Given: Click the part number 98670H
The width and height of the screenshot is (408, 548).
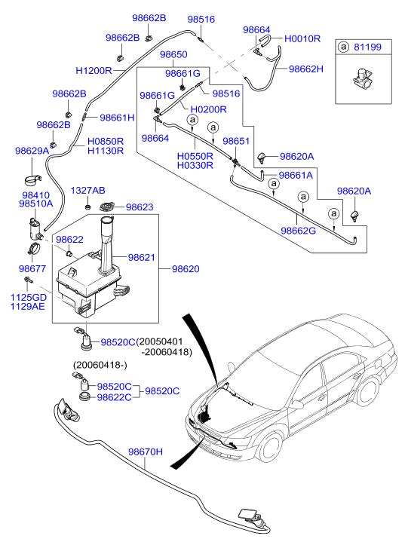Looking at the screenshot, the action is (146, 452).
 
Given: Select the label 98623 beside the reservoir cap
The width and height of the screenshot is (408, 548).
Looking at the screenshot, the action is (140, 207).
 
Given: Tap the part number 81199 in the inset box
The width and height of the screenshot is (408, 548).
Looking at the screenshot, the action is (367, 47).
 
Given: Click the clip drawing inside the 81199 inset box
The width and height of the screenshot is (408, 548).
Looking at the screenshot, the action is (362, 78).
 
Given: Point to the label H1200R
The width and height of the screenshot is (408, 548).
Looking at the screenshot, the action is (94, 71).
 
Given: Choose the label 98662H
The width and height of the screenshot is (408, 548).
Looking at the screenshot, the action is (306, 69).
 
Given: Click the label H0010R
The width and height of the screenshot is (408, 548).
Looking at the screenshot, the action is (302, 38).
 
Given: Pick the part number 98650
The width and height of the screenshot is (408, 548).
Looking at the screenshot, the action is (173, 54).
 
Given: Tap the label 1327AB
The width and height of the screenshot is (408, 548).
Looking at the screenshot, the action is (87, 191).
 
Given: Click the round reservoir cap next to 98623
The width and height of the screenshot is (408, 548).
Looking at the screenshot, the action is (107, 207).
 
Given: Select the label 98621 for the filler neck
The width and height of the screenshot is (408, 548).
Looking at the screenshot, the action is (141, 258).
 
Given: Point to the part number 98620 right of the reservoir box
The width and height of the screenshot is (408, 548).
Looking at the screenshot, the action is (186, 269).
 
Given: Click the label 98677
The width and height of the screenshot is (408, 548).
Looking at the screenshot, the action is (32, 269).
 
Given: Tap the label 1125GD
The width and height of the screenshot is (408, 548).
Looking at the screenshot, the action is (29, 298).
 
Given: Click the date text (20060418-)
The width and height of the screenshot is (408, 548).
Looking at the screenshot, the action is (100, 365).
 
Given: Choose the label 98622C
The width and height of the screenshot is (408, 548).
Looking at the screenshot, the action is (114, 397).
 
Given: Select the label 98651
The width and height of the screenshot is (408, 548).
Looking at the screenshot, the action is (236, 141).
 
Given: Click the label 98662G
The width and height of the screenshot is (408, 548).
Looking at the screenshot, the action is (298, 231).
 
